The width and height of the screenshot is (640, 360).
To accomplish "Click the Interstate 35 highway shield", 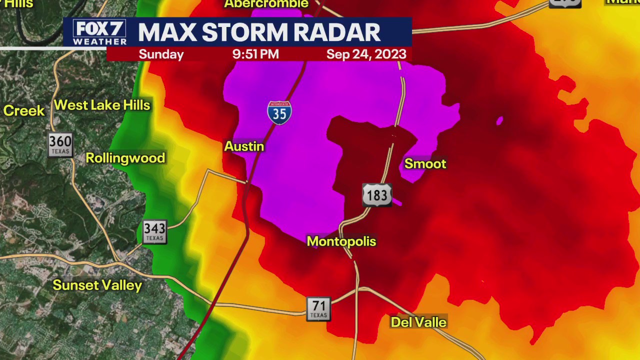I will pos(279,112).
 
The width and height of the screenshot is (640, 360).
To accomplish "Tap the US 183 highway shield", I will pos(377,195).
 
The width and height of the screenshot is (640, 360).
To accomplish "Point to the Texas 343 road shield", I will pos(154,231).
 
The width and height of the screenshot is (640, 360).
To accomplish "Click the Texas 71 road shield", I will pos(318,308).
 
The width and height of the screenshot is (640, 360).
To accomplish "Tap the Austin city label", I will pos(244,146).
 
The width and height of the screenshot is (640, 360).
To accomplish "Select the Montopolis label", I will pos(341,241).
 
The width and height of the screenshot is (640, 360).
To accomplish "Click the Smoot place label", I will pos(425,164).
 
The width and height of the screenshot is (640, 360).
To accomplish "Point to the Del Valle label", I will pos(418,322).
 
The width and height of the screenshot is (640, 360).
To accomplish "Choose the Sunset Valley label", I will pos(97,285).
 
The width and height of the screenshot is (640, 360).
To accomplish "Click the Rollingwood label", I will pos(125,158).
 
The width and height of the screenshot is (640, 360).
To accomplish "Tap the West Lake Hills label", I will pos(102,105).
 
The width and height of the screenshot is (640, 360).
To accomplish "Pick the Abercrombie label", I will pos(266,4).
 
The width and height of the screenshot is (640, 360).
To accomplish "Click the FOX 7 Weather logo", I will pos(99,32).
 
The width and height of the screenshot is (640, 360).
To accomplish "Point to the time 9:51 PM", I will pos(255,54).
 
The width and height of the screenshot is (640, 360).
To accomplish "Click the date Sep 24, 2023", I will pos(366,54).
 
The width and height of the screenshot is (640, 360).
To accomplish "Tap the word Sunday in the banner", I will pos(161,54).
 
